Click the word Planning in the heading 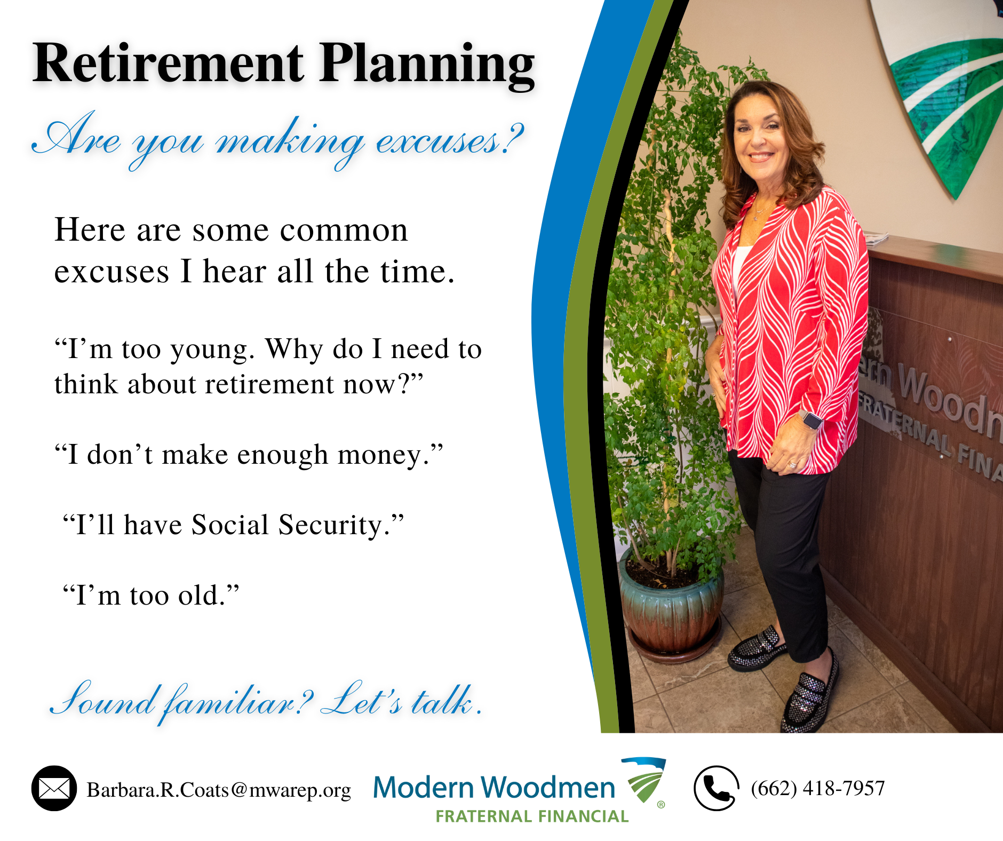click(427, 67)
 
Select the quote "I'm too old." click(151, 595)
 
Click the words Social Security click(287, 525)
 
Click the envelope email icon click(54, 788)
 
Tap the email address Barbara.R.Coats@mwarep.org click(219, 790)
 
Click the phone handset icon click(717, 788)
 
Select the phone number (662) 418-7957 click(818, 788)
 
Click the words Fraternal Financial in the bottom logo click(532, 816)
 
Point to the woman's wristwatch click(811, 420)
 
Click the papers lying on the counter click(875, 238)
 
